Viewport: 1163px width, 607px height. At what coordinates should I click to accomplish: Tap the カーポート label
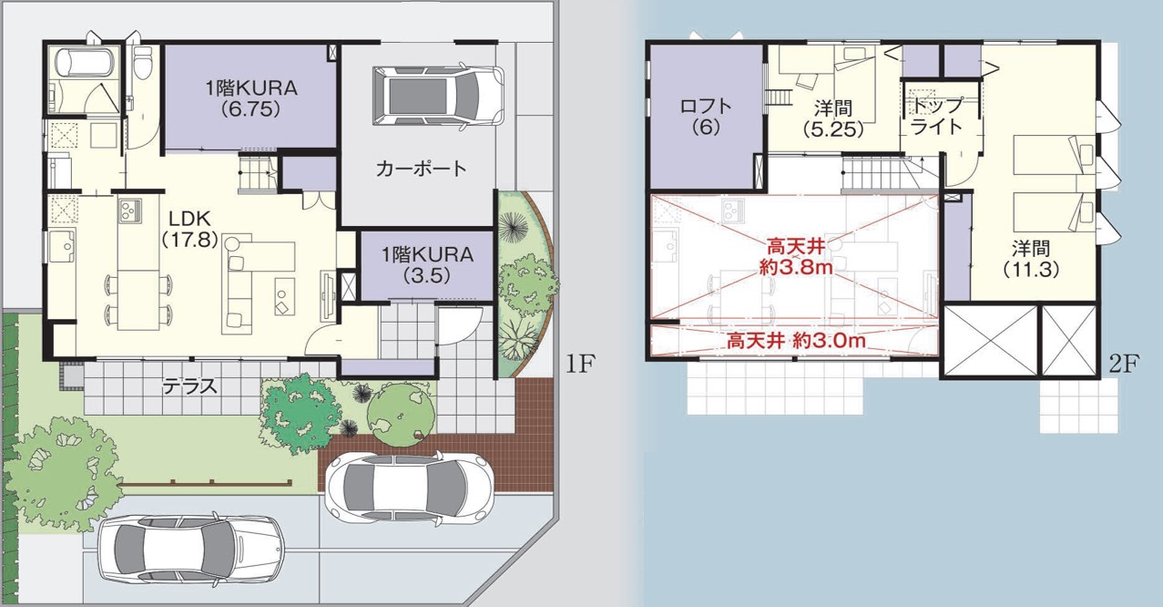pyautogui.click(x=421, y=169)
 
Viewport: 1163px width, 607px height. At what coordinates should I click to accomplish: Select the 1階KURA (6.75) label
pyautogui.click(x=251, y=98)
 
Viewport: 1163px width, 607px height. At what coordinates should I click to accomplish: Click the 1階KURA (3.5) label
pyautogui.click(x=428, y=265)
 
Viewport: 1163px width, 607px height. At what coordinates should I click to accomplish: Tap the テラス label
pyautogui.click(x=189, y=386)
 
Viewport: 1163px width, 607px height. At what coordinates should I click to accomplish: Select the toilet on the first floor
pyautogui.click(x=142, y=61)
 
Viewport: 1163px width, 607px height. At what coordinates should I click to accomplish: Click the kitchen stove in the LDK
pyautogui.click(x=130, y=211)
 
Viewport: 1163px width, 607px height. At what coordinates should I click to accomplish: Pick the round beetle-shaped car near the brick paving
pyautogui.click(x=410, y=487)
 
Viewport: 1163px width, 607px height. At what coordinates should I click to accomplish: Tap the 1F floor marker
pyautogui.click(x=579, y=364)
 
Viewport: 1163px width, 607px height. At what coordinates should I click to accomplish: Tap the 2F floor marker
pyautogui.click(x=1124, y=365)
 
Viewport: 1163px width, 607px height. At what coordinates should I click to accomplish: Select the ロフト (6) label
pyautogui.click(x=706, y=117)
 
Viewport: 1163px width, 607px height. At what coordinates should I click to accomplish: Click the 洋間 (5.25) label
pyautogui.click(x=832, y=118)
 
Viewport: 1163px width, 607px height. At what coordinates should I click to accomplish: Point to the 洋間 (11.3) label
pyautogui.click(x=1031, y=259)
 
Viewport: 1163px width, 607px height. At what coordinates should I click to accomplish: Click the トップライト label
pyautogui.click(x=937, y=116)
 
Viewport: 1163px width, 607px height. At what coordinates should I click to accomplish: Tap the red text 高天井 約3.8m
pyautogui.click(x=796, y=257)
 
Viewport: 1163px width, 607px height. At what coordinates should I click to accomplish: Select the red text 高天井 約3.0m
pyautogui.click(x=795, y=342)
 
